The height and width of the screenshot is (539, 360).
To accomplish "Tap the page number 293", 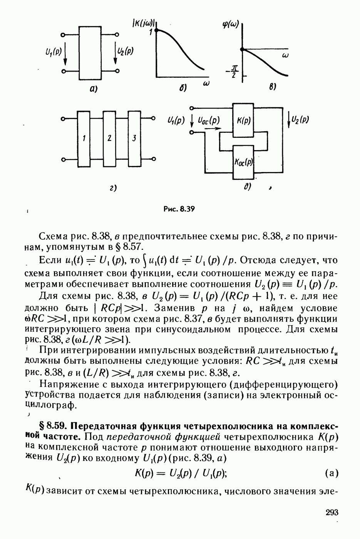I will [332, 512].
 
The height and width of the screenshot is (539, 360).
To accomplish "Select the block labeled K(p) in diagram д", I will [244, 121].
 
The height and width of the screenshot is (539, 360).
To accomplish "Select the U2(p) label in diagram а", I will [126, 52].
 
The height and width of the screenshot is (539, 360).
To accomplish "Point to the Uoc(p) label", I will [208, 121].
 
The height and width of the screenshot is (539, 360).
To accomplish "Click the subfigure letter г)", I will [112, 188].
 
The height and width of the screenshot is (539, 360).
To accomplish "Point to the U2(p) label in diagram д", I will [300, 120].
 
